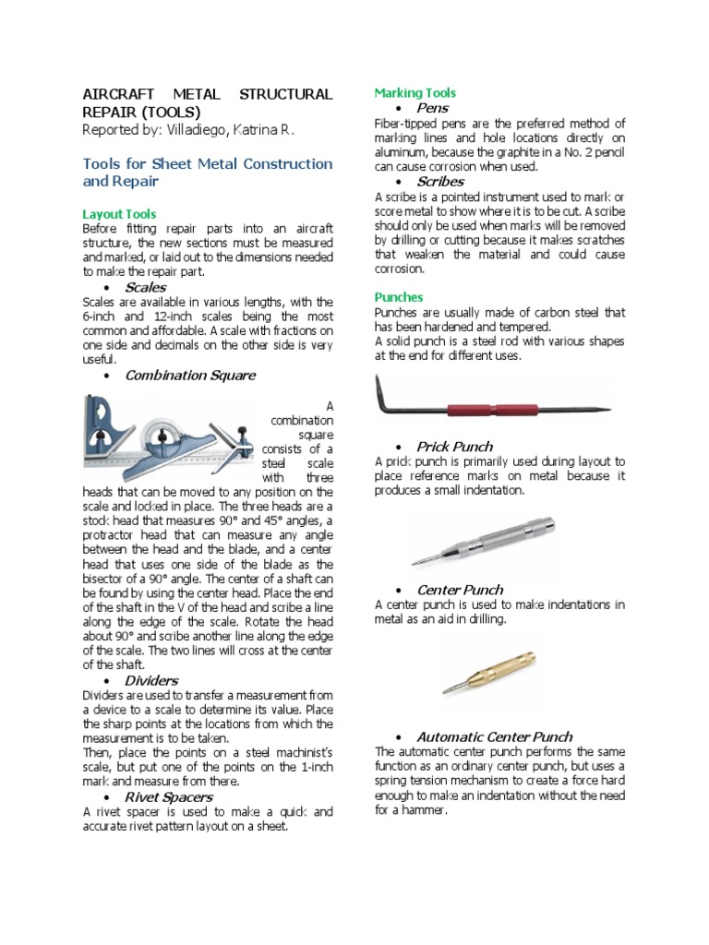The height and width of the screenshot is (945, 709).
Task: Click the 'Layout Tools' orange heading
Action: pyautogui.click(x=119, y=213)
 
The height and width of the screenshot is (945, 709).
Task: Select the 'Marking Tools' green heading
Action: pyautogui.click(x=415, y=93)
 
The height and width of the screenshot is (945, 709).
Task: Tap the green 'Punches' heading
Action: pyautogui.click(x=398, y=297)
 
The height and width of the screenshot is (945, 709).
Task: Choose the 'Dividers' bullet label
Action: pyautogui.click(x=151, y=680)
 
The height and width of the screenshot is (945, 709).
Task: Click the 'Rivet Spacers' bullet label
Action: pyautogui.click(x=168, y=796)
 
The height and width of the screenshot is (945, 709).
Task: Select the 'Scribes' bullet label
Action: pyautogui.click(x=440, y=182)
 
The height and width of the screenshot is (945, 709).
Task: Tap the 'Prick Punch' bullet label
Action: pyautogui.click(x=454, y=447)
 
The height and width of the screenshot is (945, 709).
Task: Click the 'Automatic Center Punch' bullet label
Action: pyautogui.click(x=494, y=736)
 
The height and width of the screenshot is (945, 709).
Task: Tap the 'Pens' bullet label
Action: pyautogui.click(x=432, y=108)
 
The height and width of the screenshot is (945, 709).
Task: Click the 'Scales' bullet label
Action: pyautogui.click(x=145, y=287)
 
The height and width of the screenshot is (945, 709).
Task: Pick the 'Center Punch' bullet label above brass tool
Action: pyautogui.click(x=460, y=590)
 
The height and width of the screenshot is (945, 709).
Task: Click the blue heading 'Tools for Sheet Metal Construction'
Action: pyautogui.click(x=208, y=163)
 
